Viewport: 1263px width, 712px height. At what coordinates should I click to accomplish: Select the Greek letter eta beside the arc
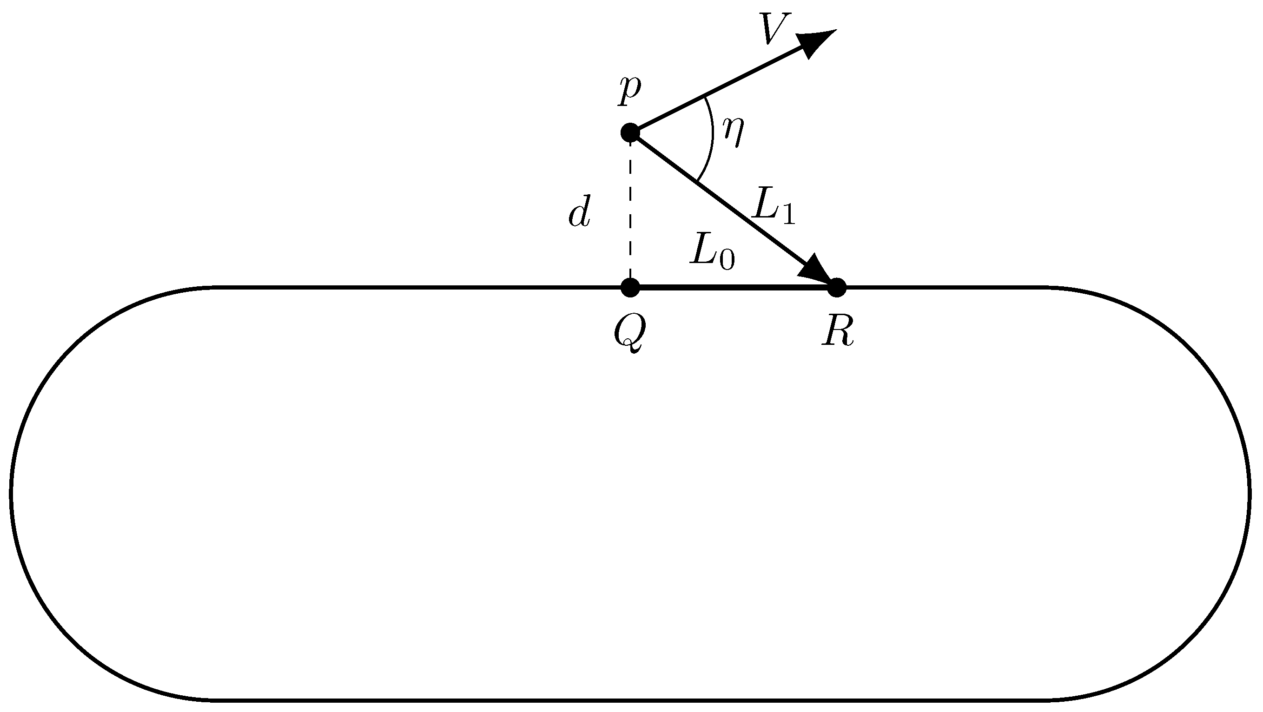[733, 132]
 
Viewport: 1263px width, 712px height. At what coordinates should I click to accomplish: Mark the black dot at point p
[630, 132]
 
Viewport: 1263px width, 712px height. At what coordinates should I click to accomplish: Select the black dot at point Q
[630, 287]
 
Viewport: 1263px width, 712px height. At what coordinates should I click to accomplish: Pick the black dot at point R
[837, 287]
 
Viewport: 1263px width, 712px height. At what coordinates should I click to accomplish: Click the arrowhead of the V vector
[816, 42]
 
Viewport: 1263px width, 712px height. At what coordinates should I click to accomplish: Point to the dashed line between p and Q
[630, 211]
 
